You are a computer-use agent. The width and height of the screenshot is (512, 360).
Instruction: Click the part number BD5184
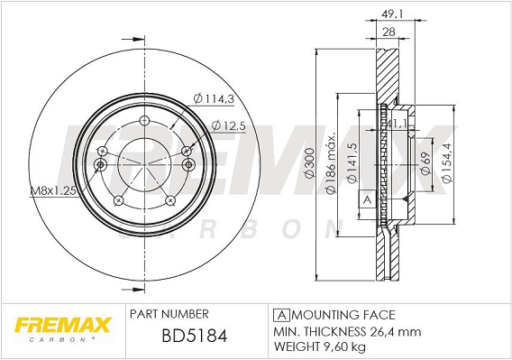(195, 336)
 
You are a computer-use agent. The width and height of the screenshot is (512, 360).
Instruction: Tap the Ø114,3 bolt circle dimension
(214, 98)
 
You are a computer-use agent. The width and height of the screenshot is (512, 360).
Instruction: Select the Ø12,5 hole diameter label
(228, 125)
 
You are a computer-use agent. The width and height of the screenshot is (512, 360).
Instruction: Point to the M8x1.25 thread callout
(53, 190)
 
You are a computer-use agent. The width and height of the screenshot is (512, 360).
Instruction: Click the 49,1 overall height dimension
(392, 14)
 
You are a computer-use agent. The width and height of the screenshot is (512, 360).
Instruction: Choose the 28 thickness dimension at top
(389, 32)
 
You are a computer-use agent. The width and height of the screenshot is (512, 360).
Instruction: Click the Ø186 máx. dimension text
(331, 162)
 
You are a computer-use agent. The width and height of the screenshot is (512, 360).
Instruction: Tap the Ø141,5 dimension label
(352, 162)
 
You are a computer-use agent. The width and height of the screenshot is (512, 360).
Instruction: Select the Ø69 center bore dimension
(425, 162)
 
